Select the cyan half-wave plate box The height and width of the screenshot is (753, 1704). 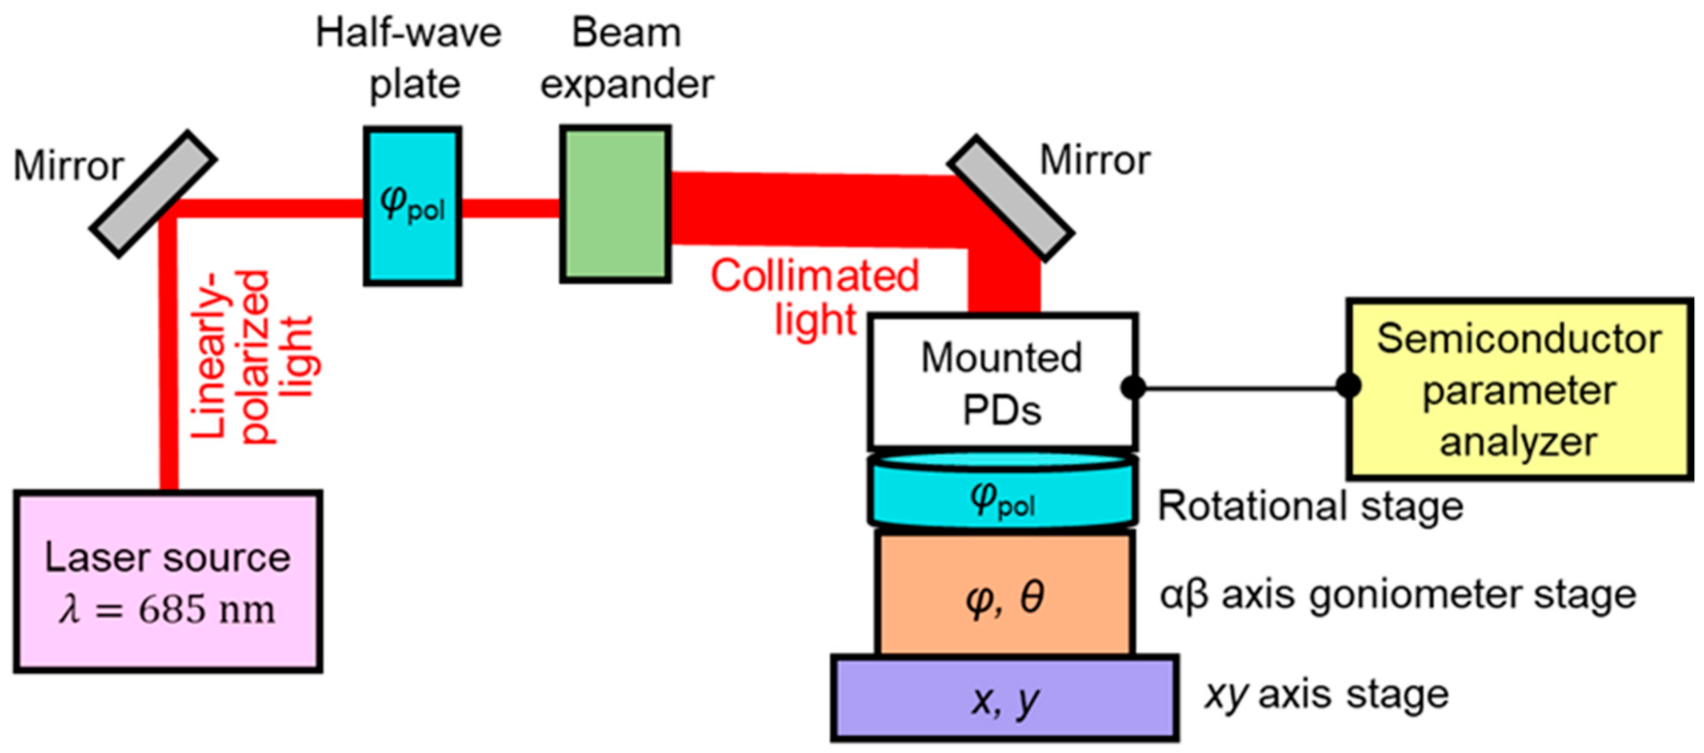coord(412,206)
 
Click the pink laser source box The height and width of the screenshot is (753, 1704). coord(168,581)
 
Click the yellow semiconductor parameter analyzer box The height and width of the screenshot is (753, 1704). coord(1520,389)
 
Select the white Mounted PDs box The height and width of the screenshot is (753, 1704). coord(1003,382)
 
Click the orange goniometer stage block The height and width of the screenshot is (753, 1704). coord(1004,595)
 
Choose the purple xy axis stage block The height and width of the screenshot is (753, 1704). coord(1004,698)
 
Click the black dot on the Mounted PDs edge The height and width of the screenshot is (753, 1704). coord(1133,387)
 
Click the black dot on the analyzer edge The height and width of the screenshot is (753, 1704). coord(1348,385)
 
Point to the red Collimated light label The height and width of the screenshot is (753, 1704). coord(815,297)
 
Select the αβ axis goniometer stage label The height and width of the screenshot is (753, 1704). coord(1397,595)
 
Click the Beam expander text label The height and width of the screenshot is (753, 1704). coord(626,58)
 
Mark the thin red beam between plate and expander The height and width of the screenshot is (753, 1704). coord(510,208)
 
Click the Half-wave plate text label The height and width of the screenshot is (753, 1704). coord(409,58)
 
